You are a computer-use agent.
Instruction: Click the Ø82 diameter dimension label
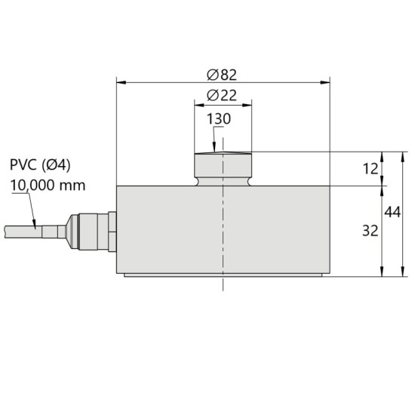pyautogui.click(x=222, y=75)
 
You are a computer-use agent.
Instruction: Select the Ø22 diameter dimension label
pyautogui.click(x=222, y=96)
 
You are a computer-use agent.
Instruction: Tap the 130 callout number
pyautogui.click(x=219, y=118)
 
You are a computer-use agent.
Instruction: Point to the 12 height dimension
pyautogui.click(x=370, y=169)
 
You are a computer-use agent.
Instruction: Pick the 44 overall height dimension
pyautogui.click(x=392, y=212)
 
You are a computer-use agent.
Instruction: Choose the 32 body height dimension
pyautogui.click(x=370, y=231)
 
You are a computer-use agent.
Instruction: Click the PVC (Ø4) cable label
pyautogui.click(x=40, y=165)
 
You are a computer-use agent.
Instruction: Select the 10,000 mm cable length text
pyautogui.click(x=48, y=186)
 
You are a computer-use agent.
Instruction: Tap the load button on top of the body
pyautogui.click(x=223, y=169)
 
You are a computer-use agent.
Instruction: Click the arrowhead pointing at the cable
pyautogui.click(x=34, y=224)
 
